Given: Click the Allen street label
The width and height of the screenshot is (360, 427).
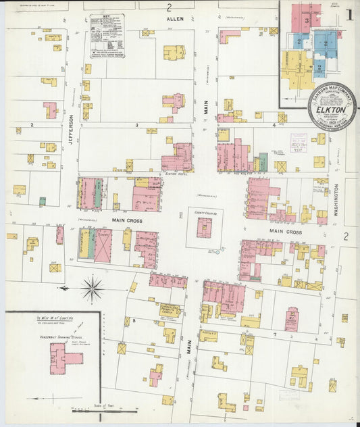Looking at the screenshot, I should (176, 20).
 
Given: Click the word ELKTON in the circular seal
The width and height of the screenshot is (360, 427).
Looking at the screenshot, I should (333, 109).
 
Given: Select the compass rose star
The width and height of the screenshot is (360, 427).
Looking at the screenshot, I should (92, 288).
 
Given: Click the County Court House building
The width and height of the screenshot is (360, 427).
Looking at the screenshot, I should (204, 227).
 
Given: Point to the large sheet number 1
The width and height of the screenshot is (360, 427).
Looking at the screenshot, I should (349, 14).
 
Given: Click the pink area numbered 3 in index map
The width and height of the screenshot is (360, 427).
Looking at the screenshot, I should (307, 20).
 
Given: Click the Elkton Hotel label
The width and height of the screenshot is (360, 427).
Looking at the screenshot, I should (176, 174).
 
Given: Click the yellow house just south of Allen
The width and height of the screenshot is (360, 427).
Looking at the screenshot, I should (174, 52).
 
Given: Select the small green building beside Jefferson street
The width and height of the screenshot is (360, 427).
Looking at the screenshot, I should (43, 201).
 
